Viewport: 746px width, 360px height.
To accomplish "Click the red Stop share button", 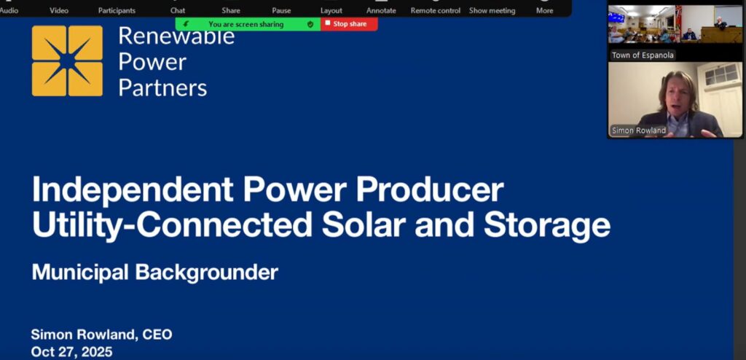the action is click(349, 24).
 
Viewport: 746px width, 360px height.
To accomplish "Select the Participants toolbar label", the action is click(117, 10).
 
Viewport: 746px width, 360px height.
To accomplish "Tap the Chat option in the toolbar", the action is click(178, 10).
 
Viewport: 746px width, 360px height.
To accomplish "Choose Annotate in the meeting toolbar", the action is click(381, 10).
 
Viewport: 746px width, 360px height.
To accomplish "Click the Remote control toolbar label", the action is click(436, 10).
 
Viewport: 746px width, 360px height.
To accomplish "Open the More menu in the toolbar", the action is click(545, 10).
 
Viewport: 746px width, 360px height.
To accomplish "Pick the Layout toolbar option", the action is click(331, 10).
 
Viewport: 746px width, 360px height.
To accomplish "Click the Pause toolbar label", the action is click(281, 10).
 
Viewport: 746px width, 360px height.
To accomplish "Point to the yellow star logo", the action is click(67, 61).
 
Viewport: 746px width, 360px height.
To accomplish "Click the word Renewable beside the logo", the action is click(176, 36).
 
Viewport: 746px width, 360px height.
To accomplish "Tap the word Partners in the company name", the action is click(162, 87).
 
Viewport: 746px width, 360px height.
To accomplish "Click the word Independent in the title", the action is click(133, 190).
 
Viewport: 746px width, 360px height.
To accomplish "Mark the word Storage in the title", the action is click(547, 226).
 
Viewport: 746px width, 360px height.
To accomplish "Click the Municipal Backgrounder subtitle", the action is click(155, 273).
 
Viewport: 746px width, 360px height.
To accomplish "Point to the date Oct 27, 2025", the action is click(72, 352).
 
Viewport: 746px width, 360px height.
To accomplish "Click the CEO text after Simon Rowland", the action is click(157, 334).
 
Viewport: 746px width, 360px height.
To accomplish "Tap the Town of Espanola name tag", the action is click(643, 55).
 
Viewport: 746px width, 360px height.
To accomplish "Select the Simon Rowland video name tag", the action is click(639, 130).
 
